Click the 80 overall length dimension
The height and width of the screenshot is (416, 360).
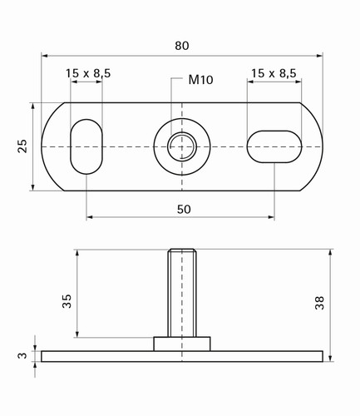point(182,46)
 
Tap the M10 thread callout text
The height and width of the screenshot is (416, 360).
point(200,80)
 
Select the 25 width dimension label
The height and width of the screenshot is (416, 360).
point(22,146)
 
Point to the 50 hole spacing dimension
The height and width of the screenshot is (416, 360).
point(184,210)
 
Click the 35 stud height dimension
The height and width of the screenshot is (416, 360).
point(67,301)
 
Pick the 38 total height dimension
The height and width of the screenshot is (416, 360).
point(319,303)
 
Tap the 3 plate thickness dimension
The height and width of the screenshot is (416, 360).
point(22,355)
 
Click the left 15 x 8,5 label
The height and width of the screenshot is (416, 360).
point(88,73)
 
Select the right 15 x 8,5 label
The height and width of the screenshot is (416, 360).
point(274,73)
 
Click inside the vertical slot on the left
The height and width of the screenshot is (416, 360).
point(86,146)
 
